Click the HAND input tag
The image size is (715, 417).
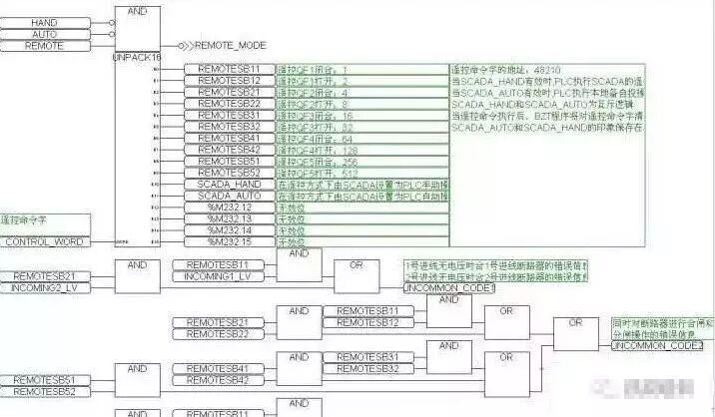coord(45,22)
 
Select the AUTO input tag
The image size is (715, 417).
coord(45,34)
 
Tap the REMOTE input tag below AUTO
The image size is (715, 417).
coord(45,46)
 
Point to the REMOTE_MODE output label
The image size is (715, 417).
coord(230,46)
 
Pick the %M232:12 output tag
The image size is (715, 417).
coord(229,207)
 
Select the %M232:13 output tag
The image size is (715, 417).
coord(229,218)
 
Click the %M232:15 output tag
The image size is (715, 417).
coord(229,241)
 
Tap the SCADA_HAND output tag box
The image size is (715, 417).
coord(229,184)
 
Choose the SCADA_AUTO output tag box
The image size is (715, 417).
coord(229,196)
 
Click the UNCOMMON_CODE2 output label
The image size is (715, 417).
coord(657,345)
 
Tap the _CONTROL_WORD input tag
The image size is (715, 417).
coord(45,241)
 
